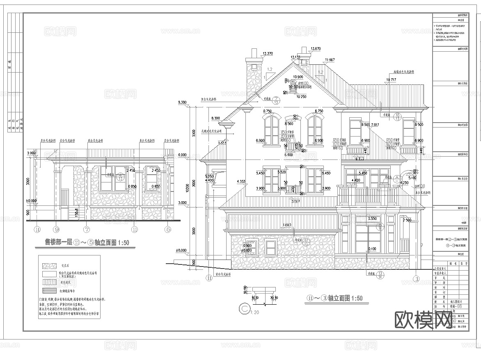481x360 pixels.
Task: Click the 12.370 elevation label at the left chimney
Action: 267,53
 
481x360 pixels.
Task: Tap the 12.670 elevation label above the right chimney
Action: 315,49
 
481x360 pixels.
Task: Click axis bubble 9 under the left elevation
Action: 57,229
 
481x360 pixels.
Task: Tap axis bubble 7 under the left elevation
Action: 87,229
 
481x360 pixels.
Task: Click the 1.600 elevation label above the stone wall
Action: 287,225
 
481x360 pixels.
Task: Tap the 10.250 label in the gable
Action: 302,97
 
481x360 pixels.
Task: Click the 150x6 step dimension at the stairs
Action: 77,213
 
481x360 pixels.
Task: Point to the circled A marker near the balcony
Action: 396,178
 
